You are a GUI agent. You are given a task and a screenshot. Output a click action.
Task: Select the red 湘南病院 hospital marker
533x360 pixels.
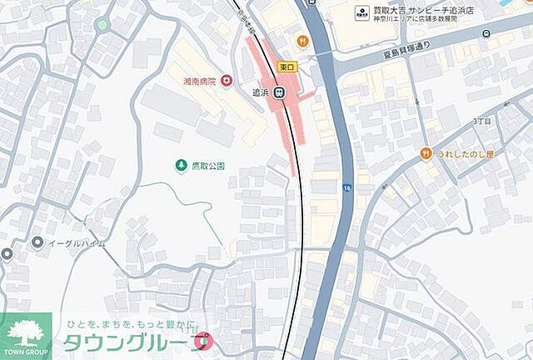(x=227, y=82)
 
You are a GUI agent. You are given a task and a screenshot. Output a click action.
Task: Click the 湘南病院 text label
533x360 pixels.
(x=199, y=82)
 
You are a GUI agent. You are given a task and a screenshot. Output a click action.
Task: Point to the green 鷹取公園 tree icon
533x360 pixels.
(x=180, y=167)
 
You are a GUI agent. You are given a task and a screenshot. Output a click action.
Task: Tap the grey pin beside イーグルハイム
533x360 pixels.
(x=37, y=242)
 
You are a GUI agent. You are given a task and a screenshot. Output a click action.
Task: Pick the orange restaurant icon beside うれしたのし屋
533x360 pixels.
(x=426, y=153)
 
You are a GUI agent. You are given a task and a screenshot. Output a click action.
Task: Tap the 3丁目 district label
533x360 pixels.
(x=481, y=121)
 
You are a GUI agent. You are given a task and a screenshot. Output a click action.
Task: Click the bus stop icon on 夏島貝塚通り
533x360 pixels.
(x=486, y=37)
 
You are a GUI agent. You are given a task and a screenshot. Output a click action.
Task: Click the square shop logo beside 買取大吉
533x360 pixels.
(x=362, y=12)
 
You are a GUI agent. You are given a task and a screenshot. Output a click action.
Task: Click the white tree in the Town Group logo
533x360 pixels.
(x=27, y=329)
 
